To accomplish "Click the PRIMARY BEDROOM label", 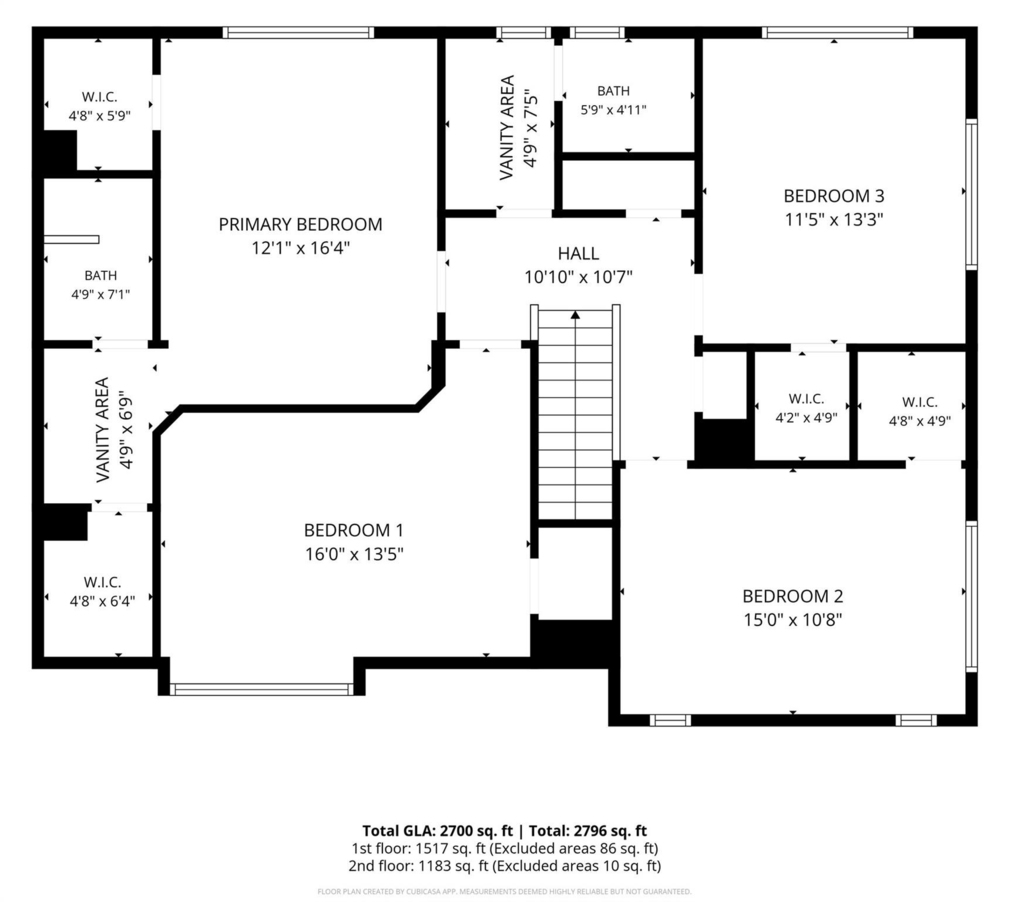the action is (300, 225).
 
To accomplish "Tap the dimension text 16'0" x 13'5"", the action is (354, 555).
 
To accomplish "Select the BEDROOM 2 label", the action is (793, 596).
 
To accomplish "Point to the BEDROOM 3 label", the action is (834, 196).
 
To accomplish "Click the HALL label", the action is (579, 253).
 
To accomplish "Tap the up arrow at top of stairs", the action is (575, 315).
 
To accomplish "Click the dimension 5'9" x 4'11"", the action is (613, 110).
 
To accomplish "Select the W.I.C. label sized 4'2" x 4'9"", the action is (806, 399).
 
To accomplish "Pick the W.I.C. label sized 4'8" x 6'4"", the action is (102, 582).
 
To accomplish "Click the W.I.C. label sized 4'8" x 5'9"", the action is (99, 97).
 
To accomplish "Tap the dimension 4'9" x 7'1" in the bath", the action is (101, 295).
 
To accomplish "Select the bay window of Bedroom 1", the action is (261, 689).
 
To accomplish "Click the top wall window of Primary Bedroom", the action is (298, 33).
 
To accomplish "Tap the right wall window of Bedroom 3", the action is (972, 194).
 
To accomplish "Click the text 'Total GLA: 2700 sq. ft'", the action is (438, 831).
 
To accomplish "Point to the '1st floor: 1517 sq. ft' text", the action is (419, 848).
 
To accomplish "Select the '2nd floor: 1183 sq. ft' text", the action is (419, 866).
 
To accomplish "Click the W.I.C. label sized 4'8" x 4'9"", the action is (920, 402).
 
